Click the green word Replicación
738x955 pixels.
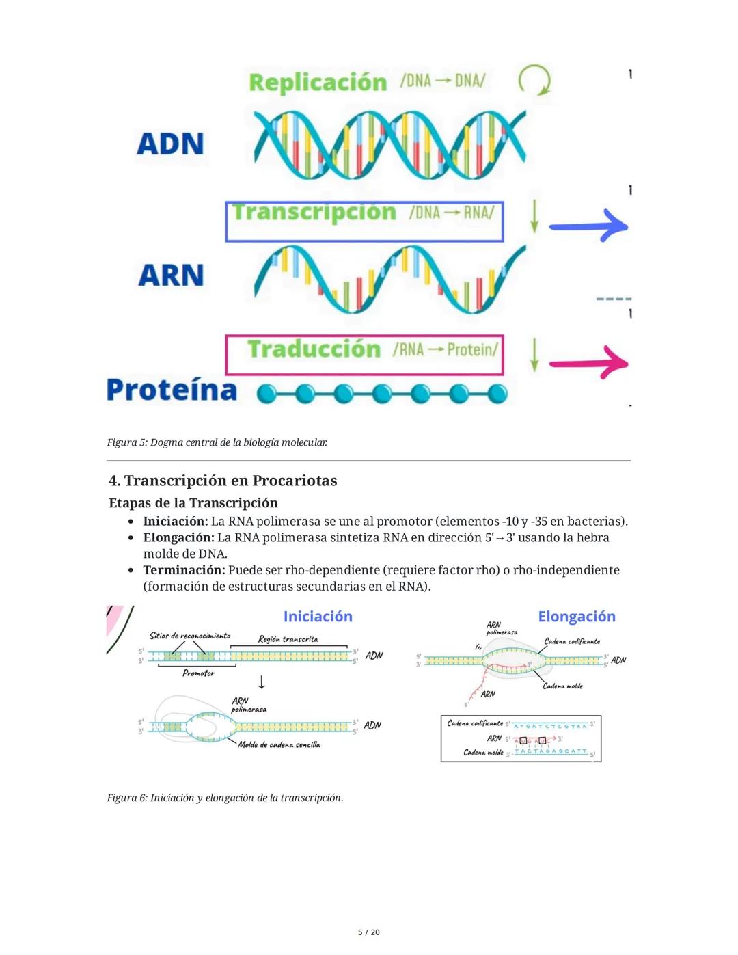tap(318, 82)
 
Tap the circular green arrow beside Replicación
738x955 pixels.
tap(534, 81)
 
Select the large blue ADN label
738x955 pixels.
tap(170, 144)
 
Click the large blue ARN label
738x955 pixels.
tap(171, 275)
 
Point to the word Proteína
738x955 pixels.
tap(172, 390)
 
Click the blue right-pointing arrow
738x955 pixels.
tap(588, 226)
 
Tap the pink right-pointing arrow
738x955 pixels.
tap(588, 363)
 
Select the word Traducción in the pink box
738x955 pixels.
tap(314, 349)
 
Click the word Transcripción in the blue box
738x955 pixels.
tap(314, 213)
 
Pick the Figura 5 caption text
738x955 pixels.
tap(217, 442)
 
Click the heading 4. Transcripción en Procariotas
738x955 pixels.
tap(223, 481)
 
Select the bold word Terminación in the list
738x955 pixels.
tap(184, 570)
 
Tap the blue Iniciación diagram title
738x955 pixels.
tap(318, 617)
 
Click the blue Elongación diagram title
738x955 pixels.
tap(577, 617)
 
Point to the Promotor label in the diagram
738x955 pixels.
tap(198, 673)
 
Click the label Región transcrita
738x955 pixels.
tap(288, 639)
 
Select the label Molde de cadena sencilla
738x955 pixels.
tap(279, 744)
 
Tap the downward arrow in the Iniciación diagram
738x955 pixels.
tap(261, 682)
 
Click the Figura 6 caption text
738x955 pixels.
tap(225, 798)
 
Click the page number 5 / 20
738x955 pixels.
tap(369, 932)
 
